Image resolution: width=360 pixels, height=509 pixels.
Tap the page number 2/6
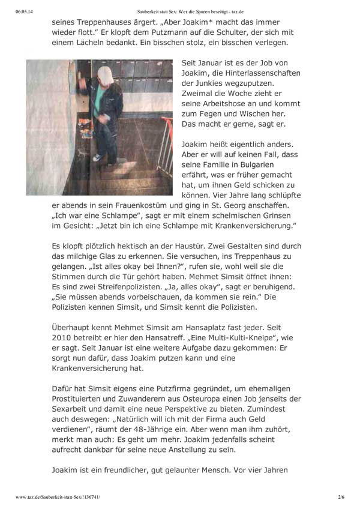coord(341,498)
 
